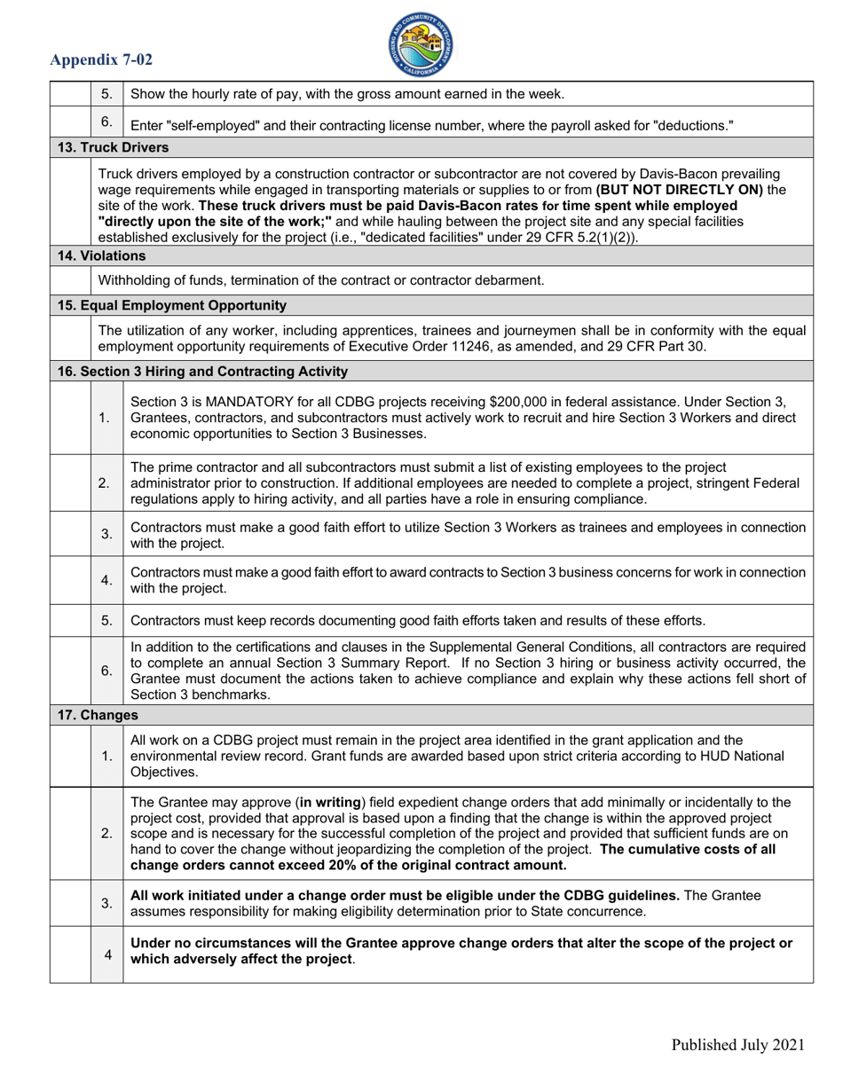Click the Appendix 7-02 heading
coord(101,60)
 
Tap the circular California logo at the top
coord(421,44)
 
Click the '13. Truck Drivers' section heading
coord(113,147)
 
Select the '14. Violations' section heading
coord(102,256)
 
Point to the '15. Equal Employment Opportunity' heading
coord(172,305)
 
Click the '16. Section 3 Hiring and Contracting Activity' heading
coord(202,371)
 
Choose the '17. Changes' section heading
coord(98,714)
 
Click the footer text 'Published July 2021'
coord(737,1045)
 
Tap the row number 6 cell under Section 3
coord(106,671)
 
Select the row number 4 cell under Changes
coord(107,954)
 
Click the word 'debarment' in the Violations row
coord(511,280)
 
